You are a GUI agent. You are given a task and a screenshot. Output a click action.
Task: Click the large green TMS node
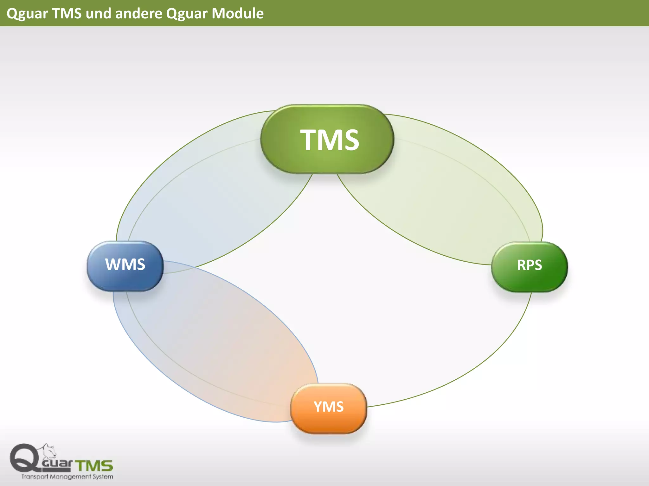tap(327, 139)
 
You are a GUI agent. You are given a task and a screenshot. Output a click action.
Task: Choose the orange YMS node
tap(329, 408)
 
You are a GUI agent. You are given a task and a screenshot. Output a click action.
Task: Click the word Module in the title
tap(238, 14)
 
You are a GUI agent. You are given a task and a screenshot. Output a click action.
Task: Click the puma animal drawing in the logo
tap(49, 451)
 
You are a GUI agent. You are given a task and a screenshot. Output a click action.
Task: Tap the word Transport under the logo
tap(35, 477)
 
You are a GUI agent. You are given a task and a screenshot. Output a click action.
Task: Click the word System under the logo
tap(103, 477)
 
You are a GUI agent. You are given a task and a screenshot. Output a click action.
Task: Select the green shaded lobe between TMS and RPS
tap(444, 196)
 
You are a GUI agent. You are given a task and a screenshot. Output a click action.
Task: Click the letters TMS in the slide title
tap(67, 14)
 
